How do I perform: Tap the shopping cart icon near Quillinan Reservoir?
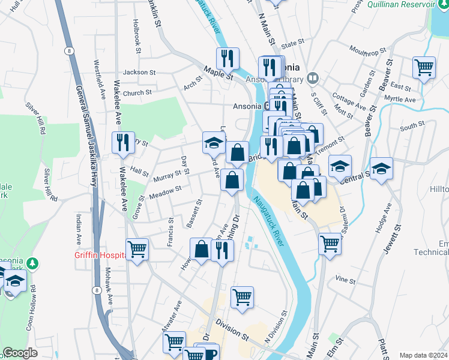pyautogui.click(x=424, y=67)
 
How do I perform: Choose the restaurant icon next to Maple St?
pyautogui.click(x=228, y=58)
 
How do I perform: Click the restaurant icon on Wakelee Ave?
pyautogui.click(x=123, y=142)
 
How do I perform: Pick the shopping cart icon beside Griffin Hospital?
pyautogui.click(x=137, y=248)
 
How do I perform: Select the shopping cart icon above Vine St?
pyautogui.click(x=330, y=243)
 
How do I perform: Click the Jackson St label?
pyautogui.click(x=139, y=72)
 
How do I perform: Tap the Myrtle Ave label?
pyautogui.click(x=400, y=98)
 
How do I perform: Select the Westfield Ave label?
pyautogui.click(x=95, y=79)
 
